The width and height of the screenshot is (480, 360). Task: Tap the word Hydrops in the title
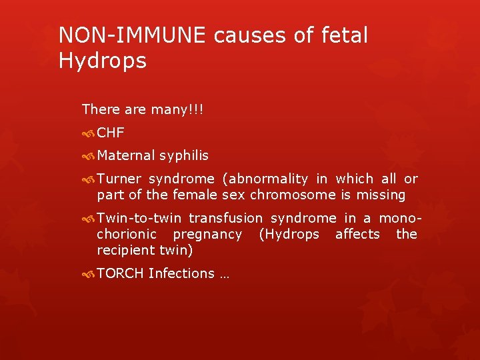[x=102, y=61]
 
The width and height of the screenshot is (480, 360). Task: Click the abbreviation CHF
[x=111, y=132]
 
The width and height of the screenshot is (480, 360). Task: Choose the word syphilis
[x=183, y=155]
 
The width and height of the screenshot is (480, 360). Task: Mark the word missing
[x=381, y=195]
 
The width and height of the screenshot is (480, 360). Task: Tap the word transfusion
[x=226, y=218]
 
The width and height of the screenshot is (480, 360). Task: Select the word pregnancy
[x=207, y=234]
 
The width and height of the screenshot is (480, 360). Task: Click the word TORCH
[x=120, y=273]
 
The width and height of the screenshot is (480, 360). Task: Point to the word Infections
[x=181, y=273]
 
